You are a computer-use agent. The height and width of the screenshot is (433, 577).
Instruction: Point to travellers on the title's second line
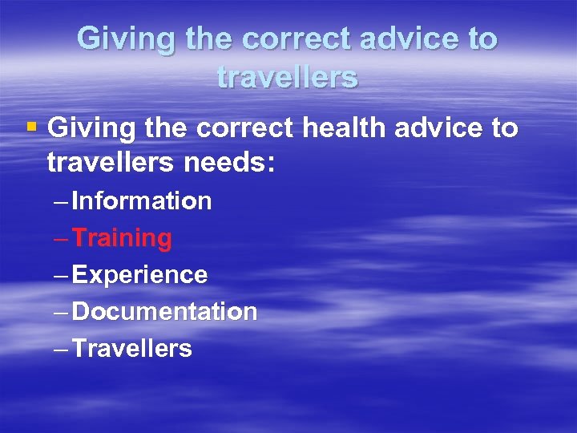[287, 78]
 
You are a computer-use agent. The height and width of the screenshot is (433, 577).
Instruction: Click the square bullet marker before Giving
[32, 127]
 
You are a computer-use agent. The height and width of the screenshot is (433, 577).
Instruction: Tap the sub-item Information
[141, 200]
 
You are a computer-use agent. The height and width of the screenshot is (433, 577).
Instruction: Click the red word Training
[122, 238]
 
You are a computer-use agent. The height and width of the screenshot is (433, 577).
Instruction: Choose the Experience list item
[139, 275]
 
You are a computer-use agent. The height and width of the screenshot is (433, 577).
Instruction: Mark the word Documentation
[164, 311]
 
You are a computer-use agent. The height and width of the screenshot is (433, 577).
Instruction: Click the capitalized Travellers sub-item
[131, 349]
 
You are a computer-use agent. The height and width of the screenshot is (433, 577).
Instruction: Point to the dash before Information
[61, 201]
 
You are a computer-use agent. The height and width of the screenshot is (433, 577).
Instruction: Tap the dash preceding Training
[61, 238]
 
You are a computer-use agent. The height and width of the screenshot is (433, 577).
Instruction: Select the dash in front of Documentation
[61, 312]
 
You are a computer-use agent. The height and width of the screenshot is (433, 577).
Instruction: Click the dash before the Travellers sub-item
[61, 349]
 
